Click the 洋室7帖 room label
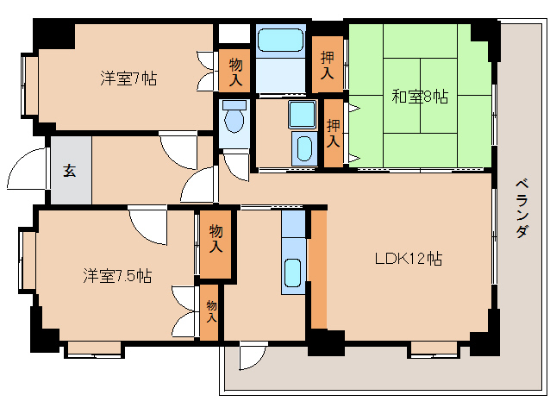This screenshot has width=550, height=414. click(128, 78)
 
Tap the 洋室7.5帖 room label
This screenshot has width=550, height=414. click(117, 276)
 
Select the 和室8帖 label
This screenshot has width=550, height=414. click(420, 97)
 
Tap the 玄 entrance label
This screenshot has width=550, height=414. click(69, 170)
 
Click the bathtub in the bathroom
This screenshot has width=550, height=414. click(280, 41)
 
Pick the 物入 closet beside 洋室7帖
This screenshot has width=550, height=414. click(235, 71)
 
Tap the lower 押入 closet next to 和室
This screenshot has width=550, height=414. click(333, 133)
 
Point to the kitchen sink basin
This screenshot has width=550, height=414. click(294, 275)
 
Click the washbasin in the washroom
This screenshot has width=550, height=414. click(302, 113)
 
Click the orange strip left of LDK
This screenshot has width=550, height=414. click(318, 268)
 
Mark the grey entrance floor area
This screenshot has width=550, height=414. click(70, 170)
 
